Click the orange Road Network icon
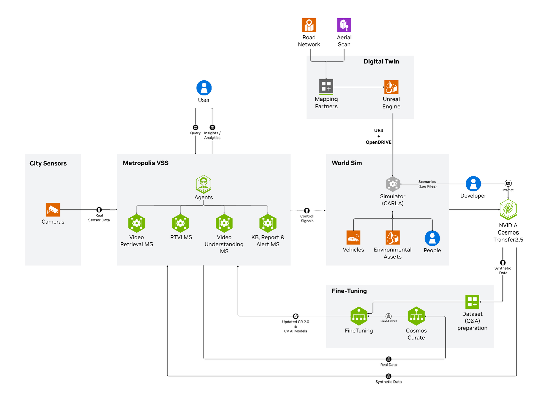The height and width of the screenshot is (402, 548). [x=309, y=25]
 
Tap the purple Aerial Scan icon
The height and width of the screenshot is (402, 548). [x=344, y=25]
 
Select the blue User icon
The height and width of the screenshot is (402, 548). [x=204, y=88]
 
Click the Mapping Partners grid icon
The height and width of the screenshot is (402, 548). [x=326, y=87]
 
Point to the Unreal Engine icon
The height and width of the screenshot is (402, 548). [x=391, y=87]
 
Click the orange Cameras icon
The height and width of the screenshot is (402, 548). [x=53, y=210]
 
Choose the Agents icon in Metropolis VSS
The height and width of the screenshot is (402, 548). [x=204, y=184]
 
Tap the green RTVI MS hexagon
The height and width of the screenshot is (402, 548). [x=180, y=223]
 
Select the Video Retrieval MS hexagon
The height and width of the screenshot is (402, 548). [x=137, y=223]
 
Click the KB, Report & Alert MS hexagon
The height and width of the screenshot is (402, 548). [x=268, y=223]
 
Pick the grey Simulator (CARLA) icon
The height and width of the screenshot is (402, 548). [x=393, y=184]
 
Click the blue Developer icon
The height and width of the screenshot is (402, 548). [x=473, y=184]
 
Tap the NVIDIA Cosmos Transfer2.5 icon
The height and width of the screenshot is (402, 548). [x=508, y=209]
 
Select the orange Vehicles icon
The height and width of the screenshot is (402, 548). [x=353, y=238]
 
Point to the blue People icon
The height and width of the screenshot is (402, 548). [x=432, y=238]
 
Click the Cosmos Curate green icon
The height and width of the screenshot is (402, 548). [x=416, y=316]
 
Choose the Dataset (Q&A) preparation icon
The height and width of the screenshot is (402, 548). [x=472, y=301]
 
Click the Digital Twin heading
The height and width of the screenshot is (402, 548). [x=381, y=61]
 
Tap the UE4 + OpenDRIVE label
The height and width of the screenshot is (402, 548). [x=379, y=136]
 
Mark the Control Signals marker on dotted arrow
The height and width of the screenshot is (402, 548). [x=307, y=211]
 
